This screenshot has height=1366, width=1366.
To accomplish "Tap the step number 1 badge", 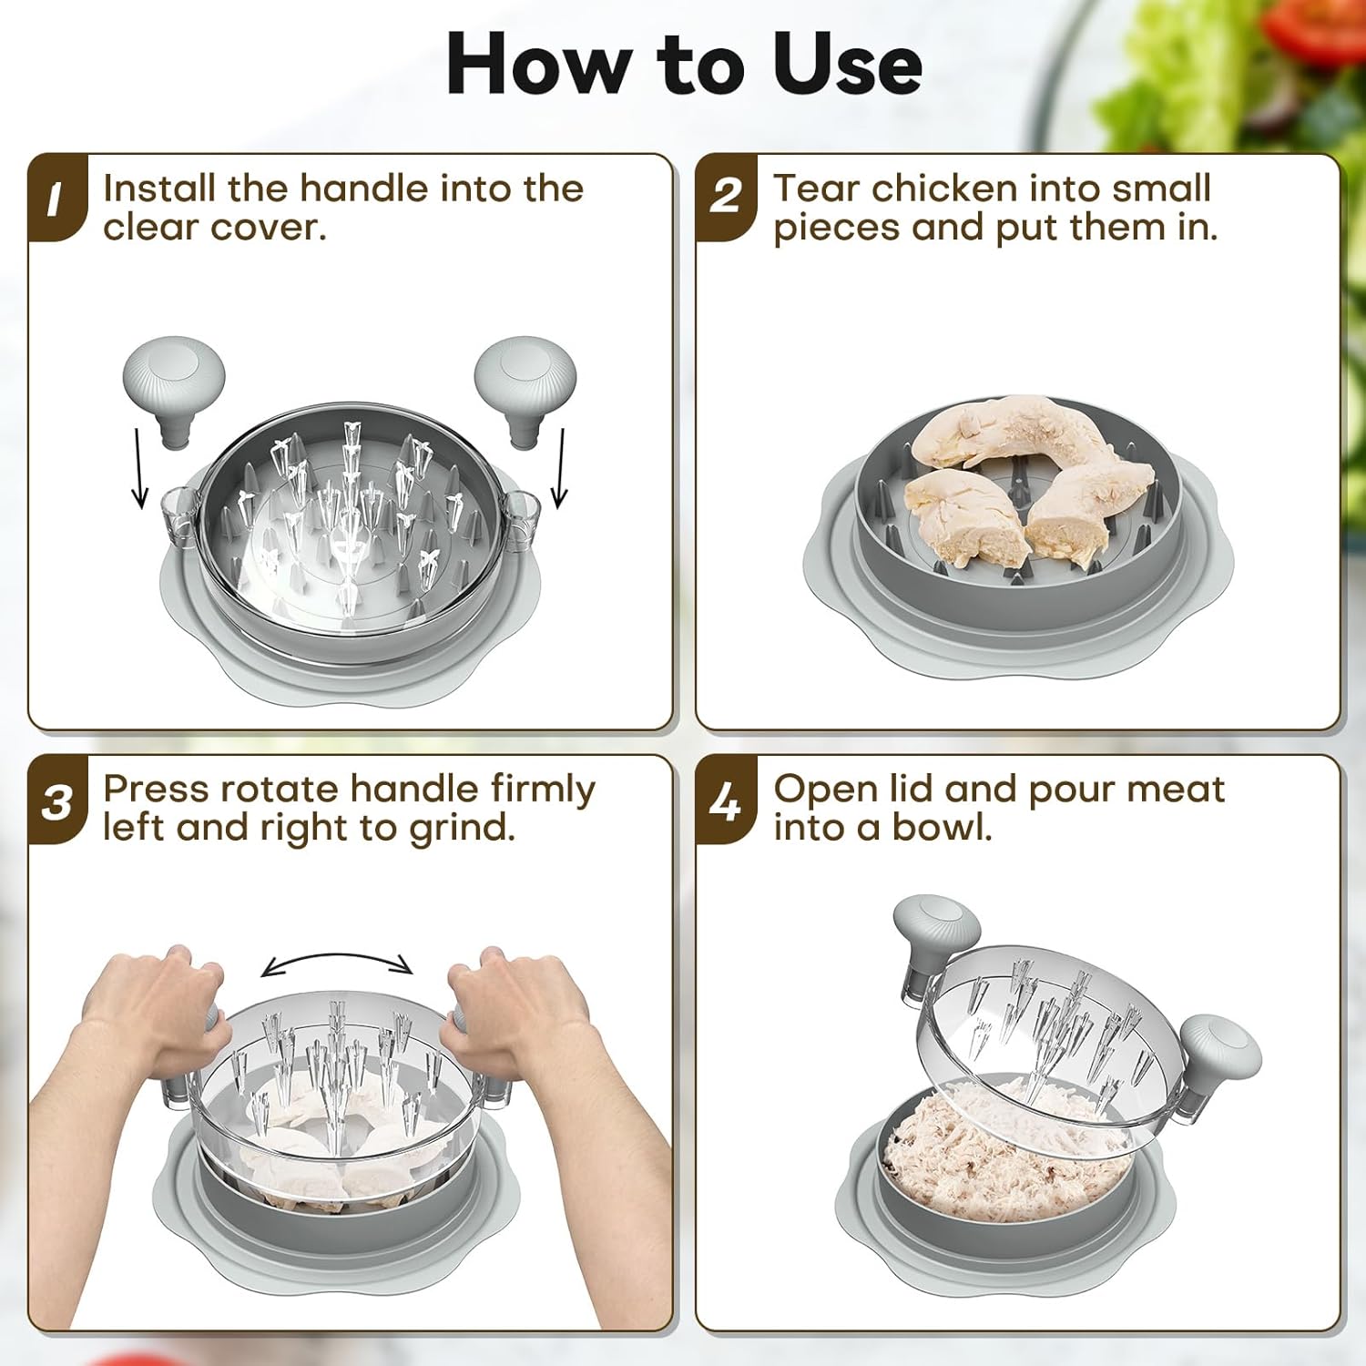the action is pos(58,198).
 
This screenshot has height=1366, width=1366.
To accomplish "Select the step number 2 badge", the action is pos(727,198).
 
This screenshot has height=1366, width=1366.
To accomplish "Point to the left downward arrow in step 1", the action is pos(138,468).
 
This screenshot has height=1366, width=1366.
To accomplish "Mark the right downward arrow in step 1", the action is pos(559,468).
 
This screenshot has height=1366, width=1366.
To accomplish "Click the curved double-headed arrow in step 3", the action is pos(338,955).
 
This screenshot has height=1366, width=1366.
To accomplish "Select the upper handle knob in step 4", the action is pos(935,933).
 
